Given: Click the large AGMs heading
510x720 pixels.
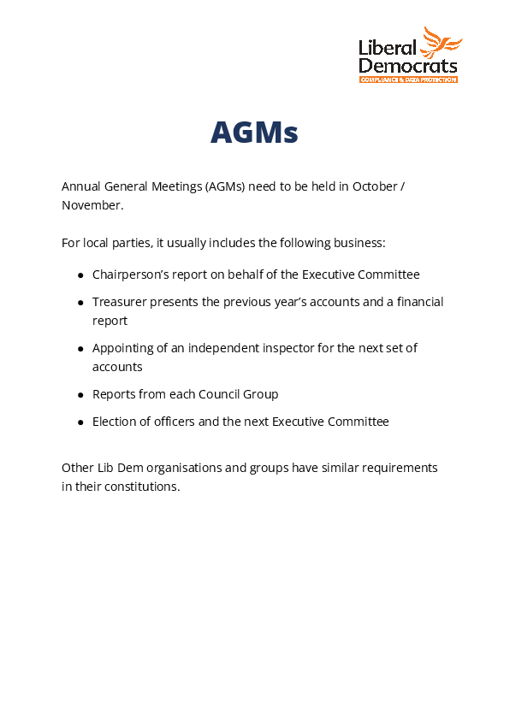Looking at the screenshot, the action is pyautogui.click(x=254, y=133).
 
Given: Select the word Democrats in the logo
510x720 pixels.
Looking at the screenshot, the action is pyautogui.click(x=408, y=66).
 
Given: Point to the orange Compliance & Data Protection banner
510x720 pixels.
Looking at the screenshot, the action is pyautogui.click(x=408, y=80).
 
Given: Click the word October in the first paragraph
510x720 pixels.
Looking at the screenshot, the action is pyautogui.click(x=374, y=186).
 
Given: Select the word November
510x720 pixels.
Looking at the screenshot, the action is pyautogui.click(x=92, y=205).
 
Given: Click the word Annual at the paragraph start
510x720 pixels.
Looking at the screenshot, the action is pyautogui.click(x=80, y=186).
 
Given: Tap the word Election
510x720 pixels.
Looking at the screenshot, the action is pyautogui.click(x=114, y=422).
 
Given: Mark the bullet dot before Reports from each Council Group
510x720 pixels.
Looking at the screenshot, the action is pyautogui.click(x=80, y=395).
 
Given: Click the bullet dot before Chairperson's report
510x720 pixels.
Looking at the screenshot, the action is pyautogui.click(x=80, y=275).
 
